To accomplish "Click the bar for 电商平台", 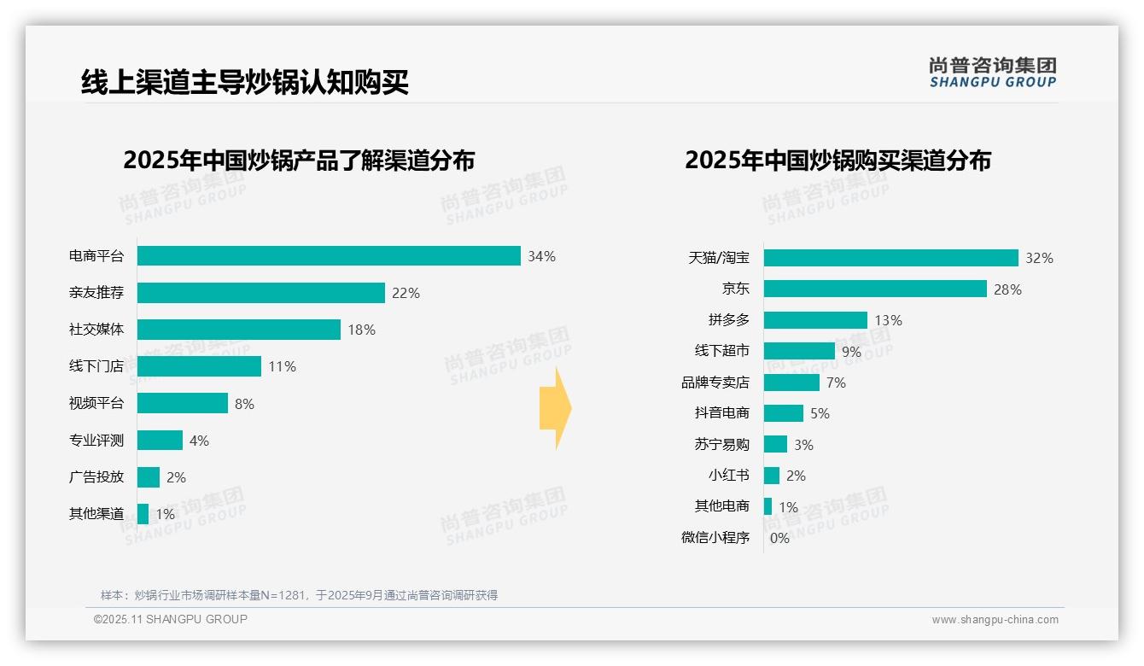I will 329,256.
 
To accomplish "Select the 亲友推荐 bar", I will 260,293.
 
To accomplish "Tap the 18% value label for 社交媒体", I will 361,330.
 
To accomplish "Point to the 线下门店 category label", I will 96,366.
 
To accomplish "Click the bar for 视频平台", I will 183,403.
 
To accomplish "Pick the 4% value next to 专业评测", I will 199,441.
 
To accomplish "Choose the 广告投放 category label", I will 96,476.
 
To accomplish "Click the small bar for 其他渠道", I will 143,514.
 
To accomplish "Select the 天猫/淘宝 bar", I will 890,258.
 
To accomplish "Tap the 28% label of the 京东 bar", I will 1007,289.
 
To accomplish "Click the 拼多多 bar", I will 815,320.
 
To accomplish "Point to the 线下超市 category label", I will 721,351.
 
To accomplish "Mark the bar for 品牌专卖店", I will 791,383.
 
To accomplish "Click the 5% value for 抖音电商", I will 820,413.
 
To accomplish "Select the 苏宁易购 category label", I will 721,444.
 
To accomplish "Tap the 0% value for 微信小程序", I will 779,538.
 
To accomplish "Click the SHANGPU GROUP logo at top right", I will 992,73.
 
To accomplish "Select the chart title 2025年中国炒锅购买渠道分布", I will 838,161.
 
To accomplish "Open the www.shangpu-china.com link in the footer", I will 995,620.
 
